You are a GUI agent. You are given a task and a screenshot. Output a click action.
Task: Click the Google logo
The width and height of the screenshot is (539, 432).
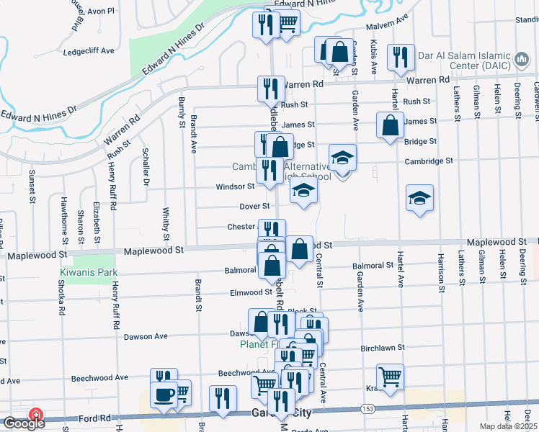click(23, 423)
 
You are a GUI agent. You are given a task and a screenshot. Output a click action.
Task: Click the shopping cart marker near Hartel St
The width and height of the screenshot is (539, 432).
click(390, 377)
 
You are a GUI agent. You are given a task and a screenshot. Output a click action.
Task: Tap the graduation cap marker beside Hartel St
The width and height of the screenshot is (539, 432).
click(419, 198)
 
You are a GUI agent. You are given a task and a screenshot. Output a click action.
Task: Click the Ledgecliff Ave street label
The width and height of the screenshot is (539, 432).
click(89, 51)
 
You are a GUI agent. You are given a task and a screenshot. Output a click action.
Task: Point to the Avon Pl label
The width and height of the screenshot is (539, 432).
click(100, 12)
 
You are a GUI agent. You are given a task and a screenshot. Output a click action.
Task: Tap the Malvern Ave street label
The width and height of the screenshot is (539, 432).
click(387, 21)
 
